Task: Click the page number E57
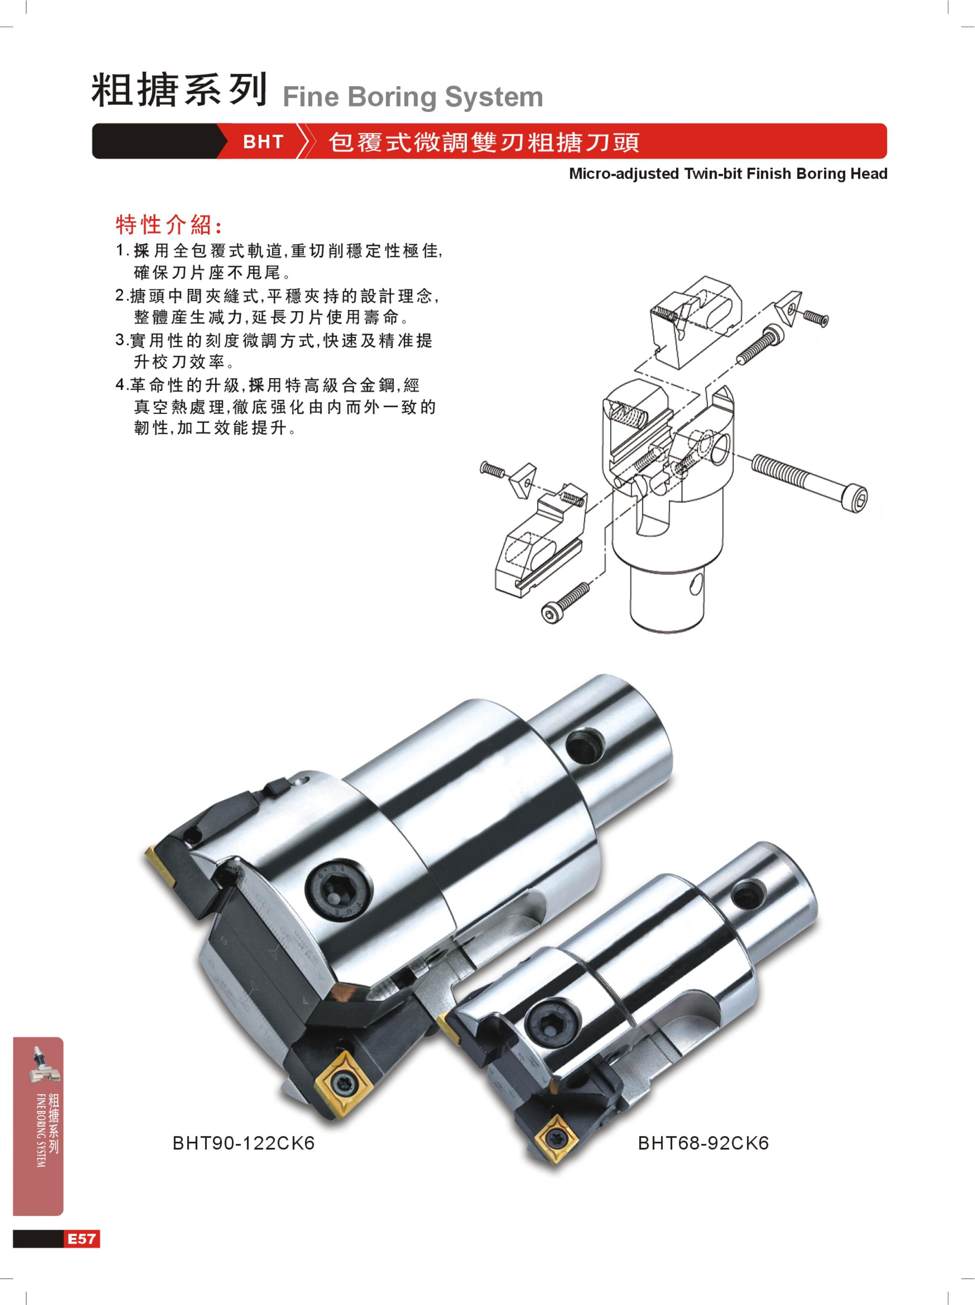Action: [x=81, y=1238]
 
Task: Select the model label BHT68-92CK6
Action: [x=703, y=1143]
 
